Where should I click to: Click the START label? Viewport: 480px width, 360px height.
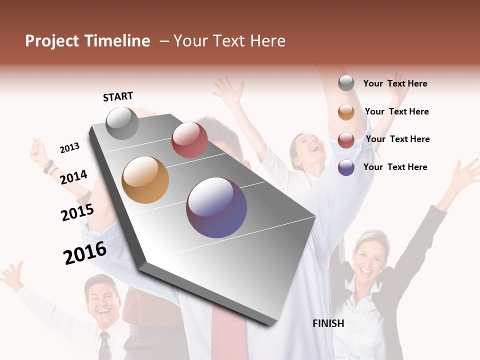(118, 96)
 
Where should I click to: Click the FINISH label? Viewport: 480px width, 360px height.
(328, 323)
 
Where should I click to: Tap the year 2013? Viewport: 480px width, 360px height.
(69, 148)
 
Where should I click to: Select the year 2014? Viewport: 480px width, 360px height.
(73, 177)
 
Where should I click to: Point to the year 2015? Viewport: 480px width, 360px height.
(77, 212)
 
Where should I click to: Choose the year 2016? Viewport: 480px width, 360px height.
(85, 253)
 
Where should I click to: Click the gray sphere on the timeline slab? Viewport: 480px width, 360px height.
(122, 123)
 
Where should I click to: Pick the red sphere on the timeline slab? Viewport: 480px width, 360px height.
(189, 140)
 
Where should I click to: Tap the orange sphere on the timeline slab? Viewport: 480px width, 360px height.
(145, 180)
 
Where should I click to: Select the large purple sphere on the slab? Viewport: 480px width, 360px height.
(216, 207)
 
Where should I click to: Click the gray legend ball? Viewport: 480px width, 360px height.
(346, 83)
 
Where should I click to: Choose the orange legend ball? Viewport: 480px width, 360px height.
(346, 112)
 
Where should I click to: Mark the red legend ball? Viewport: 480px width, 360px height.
(346, 140)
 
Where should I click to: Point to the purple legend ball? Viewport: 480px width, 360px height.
(346, 167)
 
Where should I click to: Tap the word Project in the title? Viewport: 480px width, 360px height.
(52, 41)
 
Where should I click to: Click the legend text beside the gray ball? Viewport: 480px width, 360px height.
(395, 83)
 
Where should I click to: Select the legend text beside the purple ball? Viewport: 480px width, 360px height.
(395, 167)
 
